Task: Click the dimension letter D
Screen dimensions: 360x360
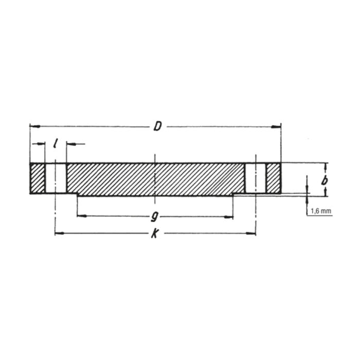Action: click(157, 126)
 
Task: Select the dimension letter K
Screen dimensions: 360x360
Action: click(154, 234)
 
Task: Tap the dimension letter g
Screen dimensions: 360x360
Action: click(154, 216)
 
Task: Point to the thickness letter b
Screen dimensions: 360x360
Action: click(324, 180)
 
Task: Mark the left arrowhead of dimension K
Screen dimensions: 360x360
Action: click(58, 233)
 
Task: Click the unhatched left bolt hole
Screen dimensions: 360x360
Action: click(55, 178)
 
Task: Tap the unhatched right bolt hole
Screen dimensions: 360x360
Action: click(255, 178)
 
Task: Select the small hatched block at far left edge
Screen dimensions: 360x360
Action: click(38, 178)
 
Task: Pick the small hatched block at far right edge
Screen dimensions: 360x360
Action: click(273, 178)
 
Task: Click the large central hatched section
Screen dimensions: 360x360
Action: click(154, 179)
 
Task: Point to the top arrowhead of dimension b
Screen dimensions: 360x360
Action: click(325, 166)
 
